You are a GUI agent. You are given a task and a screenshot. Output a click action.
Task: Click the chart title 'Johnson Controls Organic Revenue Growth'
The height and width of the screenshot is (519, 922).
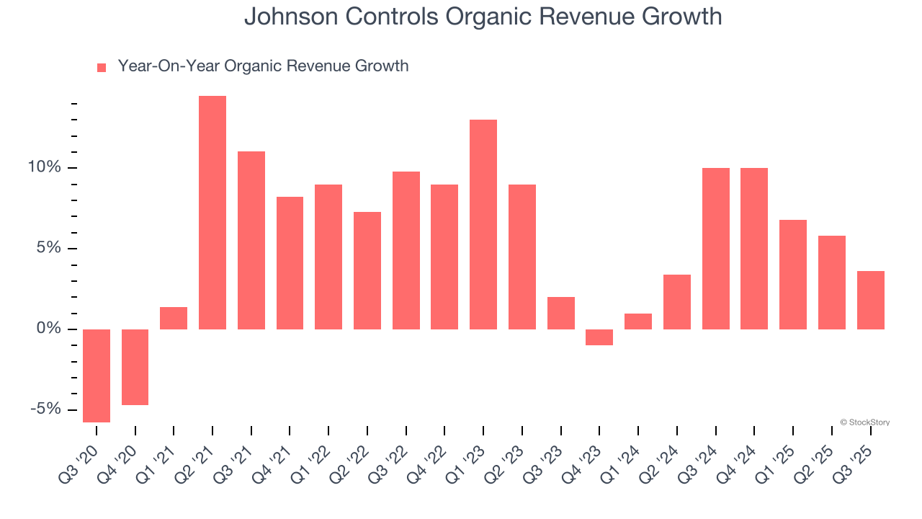pos(483,17)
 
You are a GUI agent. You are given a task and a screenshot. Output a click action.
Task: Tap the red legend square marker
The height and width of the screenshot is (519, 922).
pos(102,68)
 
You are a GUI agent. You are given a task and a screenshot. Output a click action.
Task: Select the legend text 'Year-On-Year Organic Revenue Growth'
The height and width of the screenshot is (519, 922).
pos(263,66)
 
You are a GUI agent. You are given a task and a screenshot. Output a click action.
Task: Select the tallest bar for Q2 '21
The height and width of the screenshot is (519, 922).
pos(212,213)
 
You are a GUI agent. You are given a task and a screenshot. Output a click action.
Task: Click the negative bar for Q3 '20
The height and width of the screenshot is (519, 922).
pos(97,376)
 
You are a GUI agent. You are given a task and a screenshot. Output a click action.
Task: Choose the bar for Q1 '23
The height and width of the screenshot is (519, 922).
pos(483,224)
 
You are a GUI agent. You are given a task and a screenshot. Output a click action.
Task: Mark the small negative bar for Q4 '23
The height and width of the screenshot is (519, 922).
pos(599,337)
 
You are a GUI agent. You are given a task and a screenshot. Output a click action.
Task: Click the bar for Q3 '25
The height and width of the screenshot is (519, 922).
pos(870,300)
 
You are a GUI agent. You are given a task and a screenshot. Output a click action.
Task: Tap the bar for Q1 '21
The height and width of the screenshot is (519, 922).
pos(174,318)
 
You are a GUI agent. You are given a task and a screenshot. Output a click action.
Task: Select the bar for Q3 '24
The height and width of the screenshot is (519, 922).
pos(715,249)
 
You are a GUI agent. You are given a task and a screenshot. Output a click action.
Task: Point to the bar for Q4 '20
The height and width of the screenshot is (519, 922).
pos(135,367)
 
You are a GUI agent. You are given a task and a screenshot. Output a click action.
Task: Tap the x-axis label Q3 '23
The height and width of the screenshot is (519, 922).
pos(547,455)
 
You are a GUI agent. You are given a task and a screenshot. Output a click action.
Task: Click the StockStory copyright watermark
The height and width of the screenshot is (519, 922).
pos(864,422)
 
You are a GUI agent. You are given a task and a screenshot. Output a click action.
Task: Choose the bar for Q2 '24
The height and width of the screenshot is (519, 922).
pos(677,302)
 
